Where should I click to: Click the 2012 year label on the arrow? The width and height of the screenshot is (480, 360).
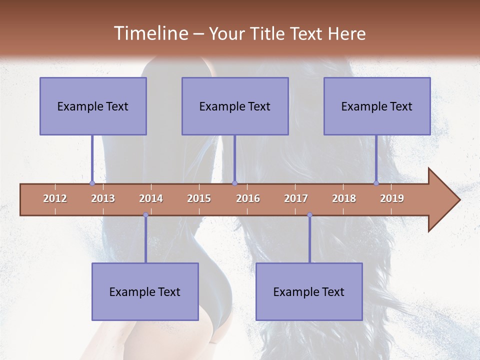coord(55,198)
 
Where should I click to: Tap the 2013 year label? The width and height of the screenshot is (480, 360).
coord(103,198)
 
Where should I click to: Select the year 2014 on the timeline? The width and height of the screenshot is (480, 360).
coord(151,198)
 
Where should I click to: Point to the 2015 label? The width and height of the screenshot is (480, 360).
coord(199,198)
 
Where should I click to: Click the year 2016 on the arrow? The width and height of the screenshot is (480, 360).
coord(248,198)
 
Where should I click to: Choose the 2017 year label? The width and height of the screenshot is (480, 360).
coord(296,198)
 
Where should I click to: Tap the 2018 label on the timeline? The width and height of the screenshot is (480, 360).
coord(344,198)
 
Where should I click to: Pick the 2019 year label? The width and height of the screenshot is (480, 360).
coord(392,198)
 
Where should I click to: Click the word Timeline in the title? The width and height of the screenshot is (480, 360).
coord(150,33)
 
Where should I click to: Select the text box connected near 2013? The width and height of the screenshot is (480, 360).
coord(93,106)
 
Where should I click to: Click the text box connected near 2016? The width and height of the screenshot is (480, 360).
coord(235,106)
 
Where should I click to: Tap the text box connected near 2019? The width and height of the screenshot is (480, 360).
coord(377,106)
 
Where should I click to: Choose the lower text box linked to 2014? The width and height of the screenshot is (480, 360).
coord(145,291)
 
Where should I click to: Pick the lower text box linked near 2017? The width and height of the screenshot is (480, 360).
coord(309,291)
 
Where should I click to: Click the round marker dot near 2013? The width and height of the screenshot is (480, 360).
coord(92,183)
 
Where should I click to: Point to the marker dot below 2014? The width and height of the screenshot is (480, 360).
coord(145,215)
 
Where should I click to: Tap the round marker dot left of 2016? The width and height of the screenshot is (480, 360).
coord(234,183)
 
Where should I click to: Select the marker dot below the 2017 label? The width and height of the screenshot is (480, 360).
coord(309,215)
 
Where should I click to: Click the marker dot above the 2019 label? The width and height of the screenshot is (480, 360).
coord(376,183)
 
